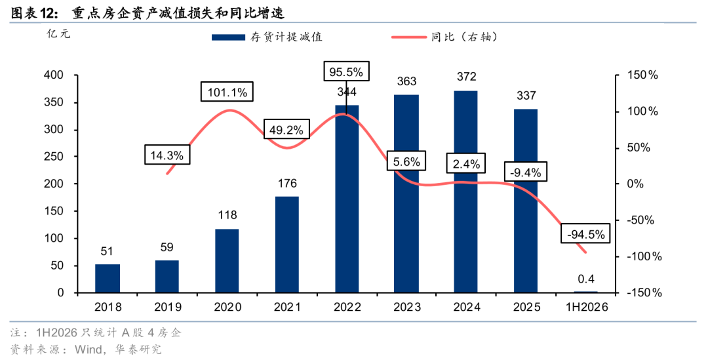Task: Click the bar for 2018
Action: (108, 278)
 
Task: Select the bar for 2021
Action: (286, 245)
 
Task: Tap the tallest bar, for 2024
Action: (466, 191)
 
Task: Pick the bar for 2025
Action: (526, 201)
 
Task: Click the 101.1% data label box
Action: (227, 92)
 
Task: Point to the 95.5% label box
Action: (346, 71)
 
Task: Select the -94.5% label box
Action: (585, 233)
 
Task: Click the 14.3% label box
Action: (167, 155)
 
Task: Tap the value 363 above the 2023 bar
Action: (406, 81)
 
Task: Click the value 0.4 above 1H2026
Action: (585, 279)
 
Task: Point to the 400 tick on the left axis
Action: (54, 75)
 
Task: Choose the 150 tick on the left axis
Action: (54, 211)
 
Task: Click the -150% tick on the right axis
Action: (644, 292)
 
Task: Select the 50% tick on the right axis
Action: (639, 148)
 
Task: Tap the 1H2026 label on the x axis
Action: (587, 307)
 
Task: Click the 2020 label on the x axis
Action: (227, 307)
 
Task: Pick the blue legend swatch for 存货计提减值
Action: (229, 37)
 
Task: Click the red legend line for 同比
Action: (409, 37)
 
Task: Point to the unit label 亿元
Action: (59, 34)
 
